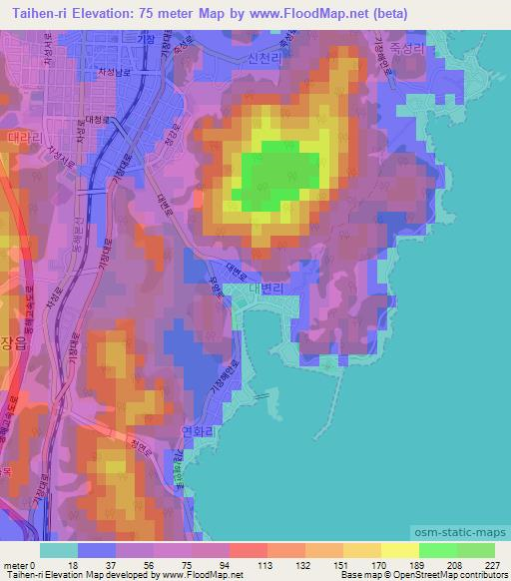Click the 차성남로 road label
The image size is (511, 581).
point(112,72)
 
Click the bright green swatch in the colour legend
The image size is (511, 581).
point(438,550)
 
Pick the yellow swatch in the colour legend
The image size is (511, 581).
point(399,550)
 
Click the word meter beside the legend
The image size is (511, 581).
point(17,565)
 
